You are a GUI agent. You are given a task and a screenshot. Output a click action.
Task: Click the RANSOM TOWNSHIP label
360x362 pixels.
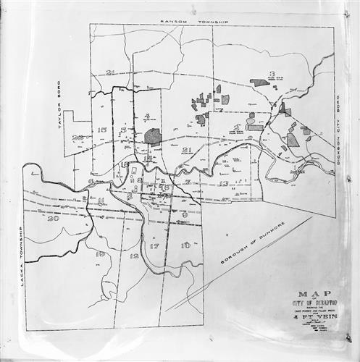193,22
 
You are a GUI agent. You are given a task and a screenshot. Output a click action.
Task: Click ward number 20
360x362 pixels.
52,218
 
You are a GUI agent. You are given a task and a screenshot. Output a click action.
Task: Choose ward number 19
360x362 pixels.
100,254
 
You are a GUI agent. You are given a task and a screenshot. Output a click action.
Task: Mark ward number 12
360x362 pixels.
133,256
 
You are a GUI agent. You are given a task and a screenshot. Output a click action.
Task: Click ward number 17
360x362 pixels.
154,246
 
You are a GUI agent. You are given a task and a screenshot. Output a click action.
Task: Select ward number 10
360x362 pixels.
186,245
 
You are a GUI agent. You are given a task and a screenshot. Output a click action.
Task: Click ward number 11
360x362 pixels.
101,201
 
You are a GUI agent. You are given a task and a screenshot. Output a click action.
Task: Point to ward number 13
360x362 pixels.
224,184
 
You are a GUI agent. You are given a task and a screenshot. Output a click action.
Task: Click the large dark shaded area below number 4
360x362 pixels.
152,135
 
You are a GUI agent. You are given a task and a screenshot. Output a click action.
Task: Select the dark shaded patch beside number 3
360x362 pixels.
259,83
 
